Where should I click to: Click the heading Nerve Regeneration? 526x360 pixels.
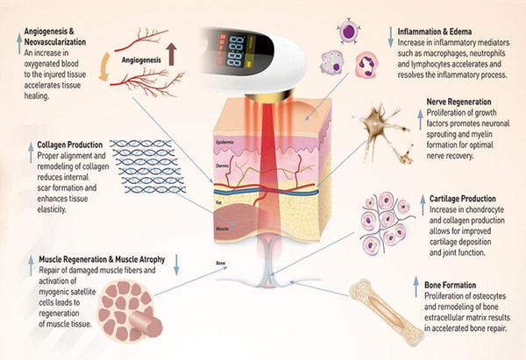coord(458,102)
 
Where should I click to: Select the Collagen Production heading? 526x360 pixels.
coord(70,145)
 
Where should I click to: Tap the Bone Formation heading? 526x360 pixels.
coord(451,286)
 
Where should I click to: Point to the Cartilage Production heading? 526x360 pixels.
coord(463,199)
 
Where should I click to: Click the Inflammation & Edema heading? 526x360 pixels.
coord(435,32)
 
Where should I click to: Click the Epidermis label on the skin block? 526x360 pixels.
coord(224,143)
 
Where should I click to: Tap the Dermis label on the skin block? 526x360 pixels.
coord(223,166)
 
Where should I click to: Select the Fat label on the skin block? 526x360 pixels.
coord(218,203)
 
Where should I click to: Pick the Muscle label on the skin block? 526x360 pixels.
coord(223,229)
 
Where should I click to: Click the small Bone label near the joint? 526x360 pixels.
coord(221,264)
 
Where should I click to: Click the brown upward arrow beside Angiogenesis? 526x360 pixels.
coord(172,54)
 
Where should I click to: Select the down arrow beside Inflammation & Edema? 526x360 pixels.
coord(390,37)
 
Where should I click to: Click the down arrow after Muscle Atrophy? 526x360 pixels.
coord(177,265)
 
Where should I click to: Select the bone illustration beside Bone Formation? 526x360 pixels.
coord(387,313)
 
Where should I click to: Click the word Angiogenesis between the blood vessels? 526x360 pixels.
coord(141,60)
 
